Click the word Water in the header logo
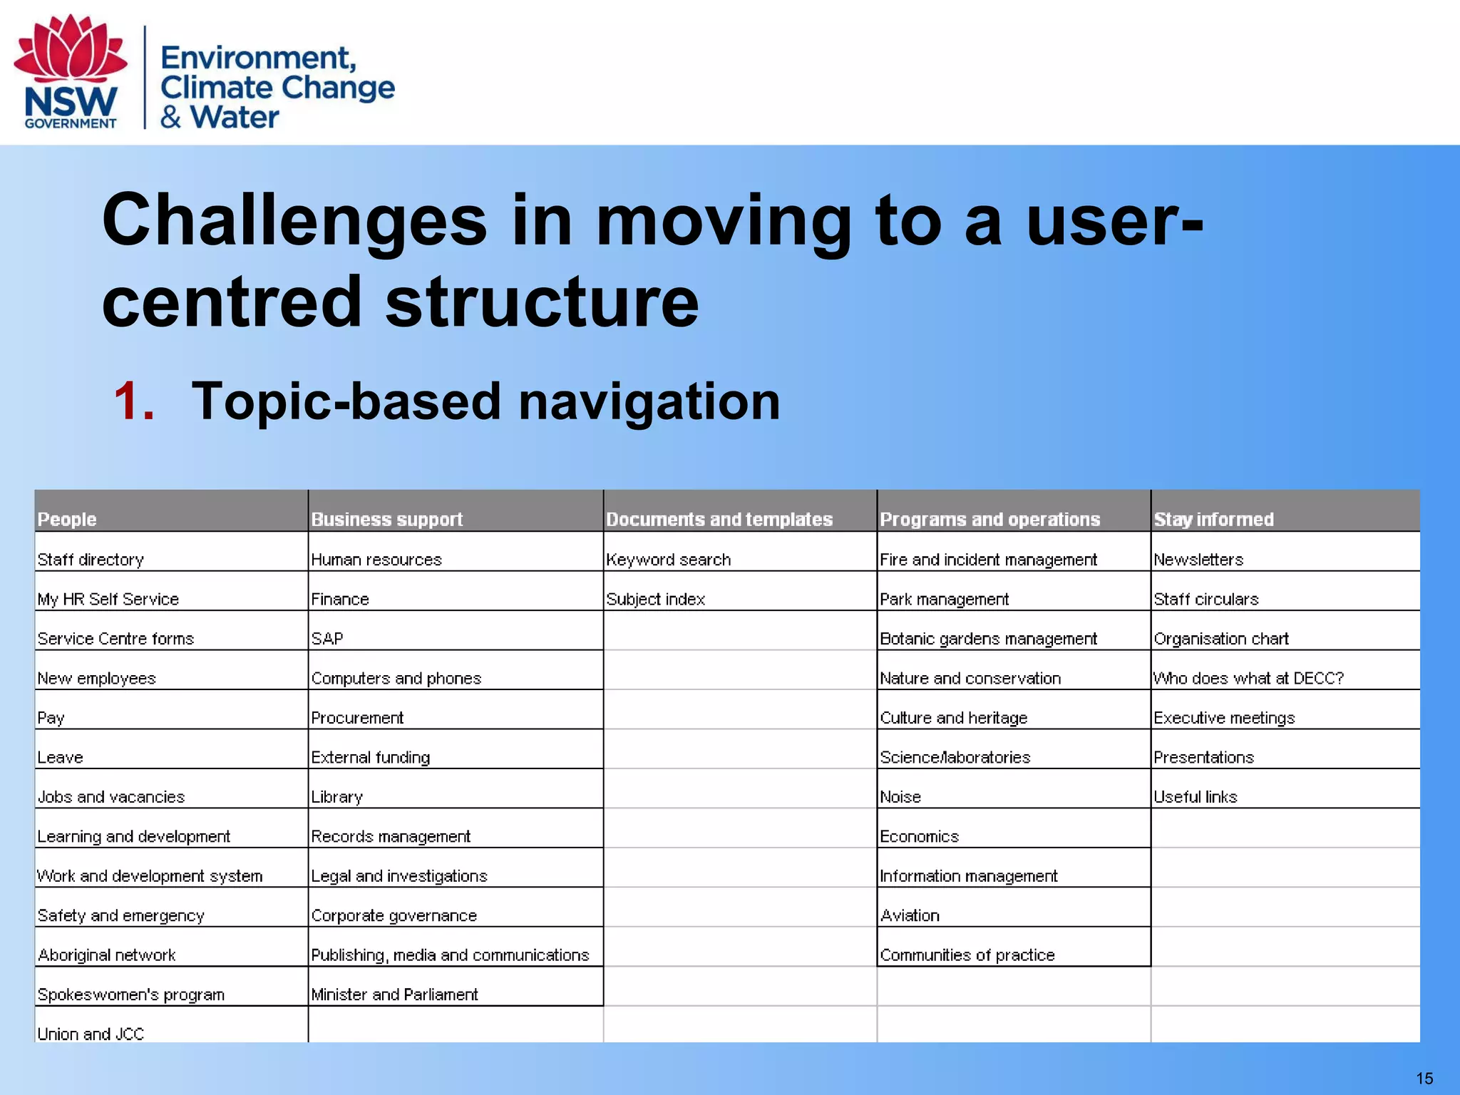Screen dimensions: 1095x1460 pos(235,117)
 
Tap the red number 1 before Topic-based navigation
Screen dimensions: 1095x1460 pos(134,401)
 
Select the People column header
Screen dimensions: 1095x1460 pos(67,519)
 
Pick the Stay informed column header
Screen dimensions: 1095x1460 pos(1213,519)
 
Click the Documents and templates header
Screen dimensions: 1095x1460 pos(719,519)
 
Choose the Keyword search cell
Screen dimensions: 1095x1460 pos(668,560)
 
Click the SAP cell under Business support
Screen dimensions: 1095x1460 pos(327,639)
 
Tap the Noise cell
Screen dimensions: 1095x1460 pos(900,797)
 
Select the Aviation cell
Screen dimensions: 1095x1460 pos(910,915)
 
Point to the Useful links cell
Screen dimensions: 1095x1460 pos(1195,797)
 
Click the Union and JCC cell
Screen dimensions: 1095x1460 pos(91,1034)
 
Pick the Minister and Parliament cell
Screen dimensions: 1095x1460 pos(394,994)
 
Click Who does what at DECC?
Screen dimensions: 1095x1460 pos(1248,678)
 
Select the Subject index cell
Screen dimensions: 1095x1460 pos(655,600)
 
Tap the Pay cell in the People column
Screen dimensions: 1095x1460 pos(51,718)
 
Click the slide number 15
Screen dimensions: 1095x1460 pos(1424,1079)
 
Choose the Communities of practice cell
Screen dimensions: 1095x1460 pos(967,955)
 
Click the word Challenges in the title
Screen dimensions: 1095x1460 pos(294,221)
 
